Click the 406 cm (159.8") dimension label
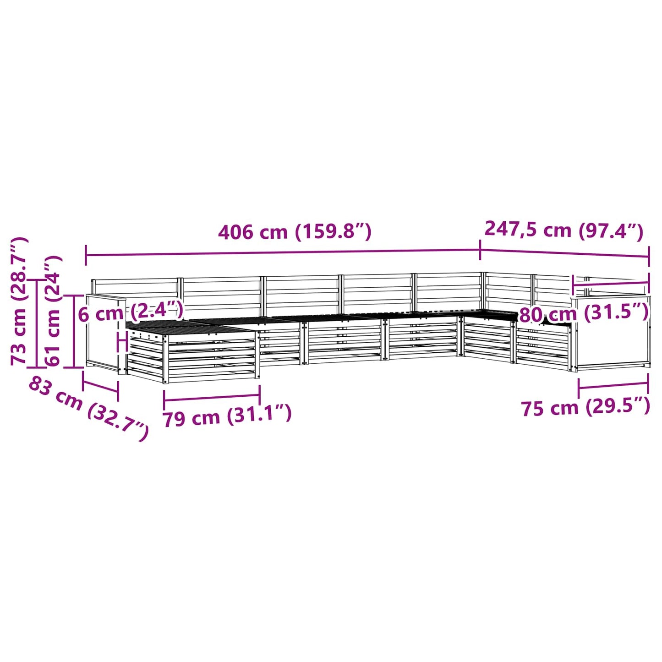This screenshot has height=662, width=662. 295,232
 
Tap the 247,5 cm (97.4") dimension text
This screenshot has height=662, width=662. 564,230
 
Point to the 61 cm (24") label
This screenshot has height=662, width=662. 53,311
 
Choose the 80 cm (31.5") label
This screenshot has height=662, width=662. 585,313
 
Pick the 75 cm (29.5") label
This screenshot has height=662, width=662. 586,407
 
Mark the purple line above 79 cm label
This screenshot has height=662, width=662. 212,398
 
